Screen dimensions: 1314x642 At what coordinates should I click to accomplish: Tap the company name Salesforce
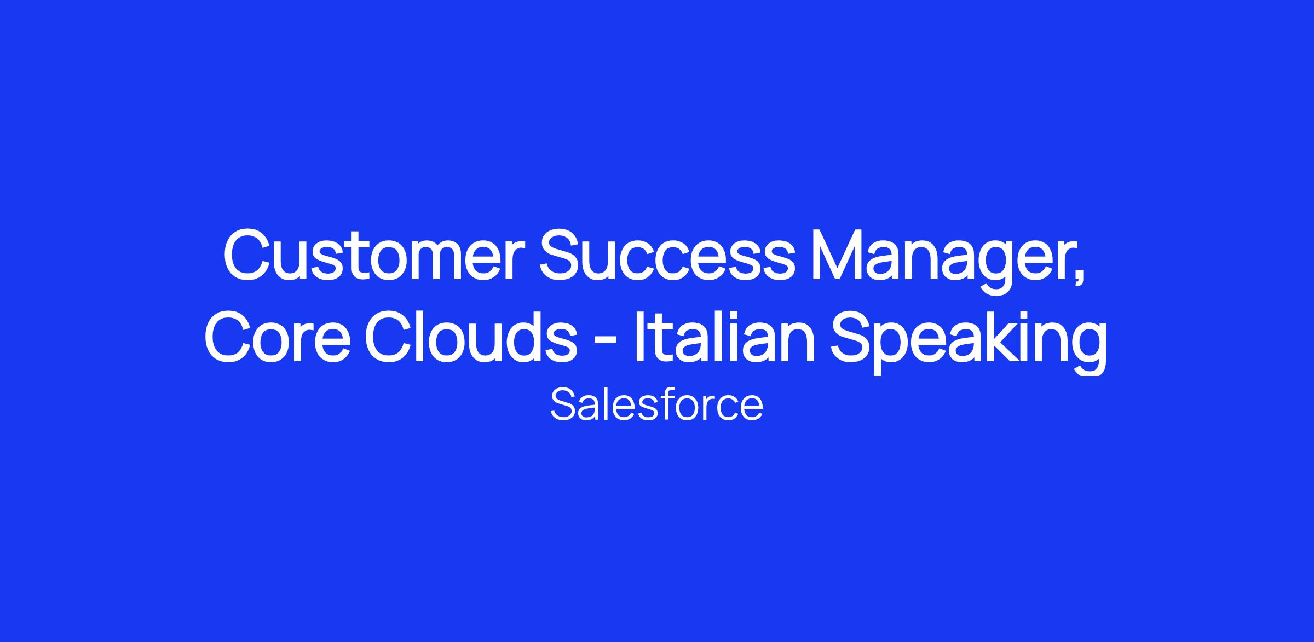click(x=656, y=405)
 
